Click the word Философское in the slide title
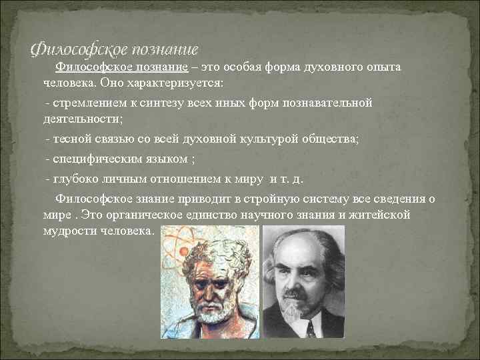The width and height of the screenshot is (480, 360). pyautogui.click(x=71, y=49)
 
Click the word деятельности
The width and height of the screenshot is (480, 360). pyautogui.click(x=81, y=120)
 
